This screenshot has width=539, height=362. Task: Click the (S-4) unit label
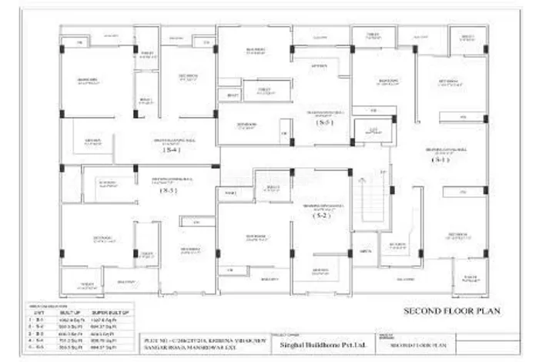[170, 150]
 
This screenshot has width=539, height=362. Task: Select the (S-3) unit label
[325, 123]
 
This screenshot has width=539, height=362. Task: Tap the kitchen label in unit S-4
[93, 139]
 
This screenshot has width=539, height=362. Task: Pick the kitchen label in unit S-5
[107, 183]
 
